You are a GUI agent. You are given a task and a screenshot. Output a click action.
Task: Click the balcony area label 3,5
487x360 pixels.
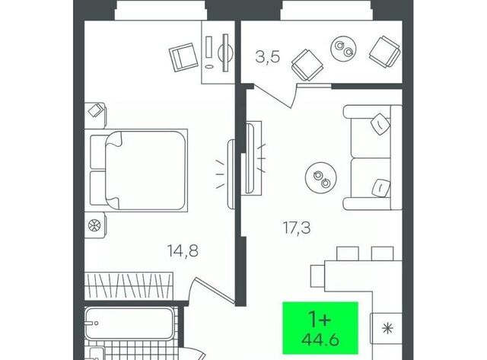coord(267,57)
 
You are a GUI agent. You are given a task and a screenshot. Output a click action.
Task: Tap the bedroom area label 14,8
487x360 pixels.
coord(183,250)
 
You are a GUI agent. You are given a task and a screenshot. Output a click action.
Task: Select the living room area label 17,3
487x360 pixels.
coord(297,228)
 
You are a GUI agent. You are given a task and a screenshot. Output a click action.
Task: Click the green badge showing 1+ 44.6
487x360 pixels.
coord(320,328)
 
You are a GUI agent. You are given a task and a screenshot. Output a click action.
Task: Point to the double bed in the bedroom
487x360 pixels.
coord(138,170)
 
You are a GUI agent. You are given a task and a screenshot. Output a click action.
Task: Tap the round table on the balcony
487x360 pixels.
coord(343,49)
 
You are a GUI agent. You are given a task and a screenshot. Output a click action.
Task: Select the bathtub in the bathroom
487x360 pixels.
coord(129,323)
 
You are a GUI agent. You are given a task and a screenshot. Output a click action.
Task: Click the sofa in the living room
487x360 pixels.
coord(373,158)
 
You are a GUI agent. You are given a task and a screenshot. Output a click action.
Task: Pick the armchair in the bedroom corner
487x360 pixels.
coord(183,57)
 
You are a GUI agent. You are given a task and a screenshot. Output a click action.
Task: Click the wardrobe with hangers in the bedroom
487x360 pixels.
coord(129,286)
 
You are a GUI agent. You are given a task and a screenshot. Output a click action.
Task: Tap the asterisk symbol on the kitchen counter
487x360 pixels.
coord(387,329)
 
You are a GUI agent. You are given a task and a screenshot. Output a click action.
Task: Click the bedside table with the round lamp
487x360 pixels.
coord(95,225)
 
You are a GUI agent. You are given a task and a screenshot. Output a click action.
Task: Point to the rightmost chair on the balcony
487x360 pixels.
coord(384,52)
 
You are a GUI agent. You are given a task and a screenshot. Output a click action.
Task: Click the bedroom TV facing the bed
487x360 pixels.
coord(231,174)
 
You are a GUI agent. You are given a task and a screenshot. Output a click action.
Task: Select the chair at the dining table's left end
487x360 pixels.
coord(318,276)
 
